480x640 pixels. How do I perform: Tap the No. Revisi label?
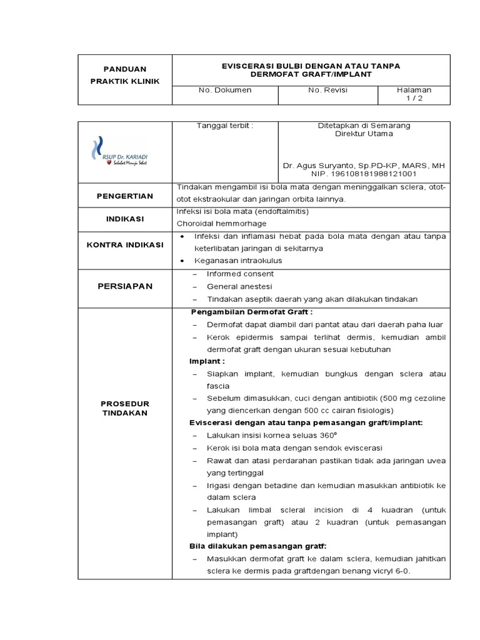(327, 90)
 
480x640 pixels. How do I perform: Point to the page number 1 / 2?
(414, 98)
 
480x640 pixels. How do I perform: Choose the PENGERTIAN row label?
(124, 196)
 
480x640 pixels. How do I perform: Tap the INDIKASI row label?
(124, 219)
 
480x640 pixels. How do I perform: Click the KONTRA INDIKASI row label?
(124, 244)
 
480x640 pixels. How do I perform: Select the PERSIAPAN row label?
(124, 286)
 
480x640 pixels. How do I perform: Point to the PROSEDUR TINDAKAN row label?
(124, 408)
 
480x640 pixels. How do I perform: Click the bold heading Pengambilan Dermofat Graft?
(251, 312)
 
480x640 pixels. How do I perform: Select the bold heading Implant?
(207, 361)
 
